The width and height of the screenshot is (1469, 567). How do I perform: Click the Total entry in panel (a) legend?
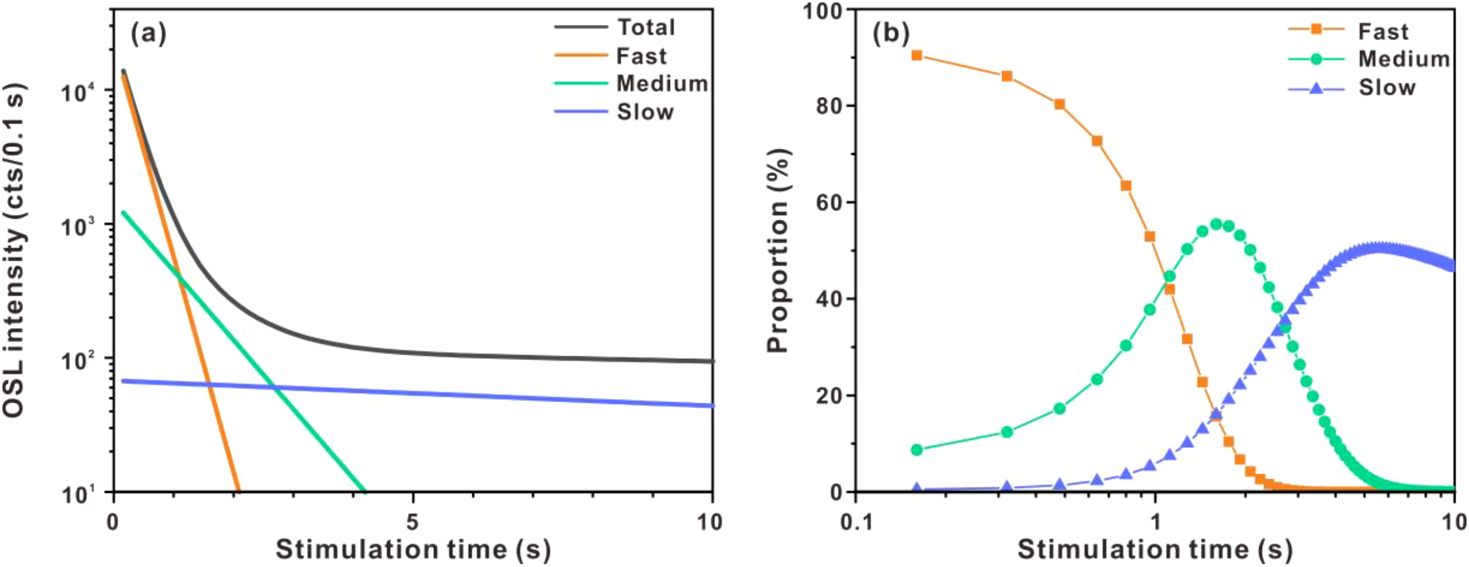646,27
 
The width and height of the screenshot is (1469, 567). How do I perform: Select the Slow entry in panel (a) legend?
645,112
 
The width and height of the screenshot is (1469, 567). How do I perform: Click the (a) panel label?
148,33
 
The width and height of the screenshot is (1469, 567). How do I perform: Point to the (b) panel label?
890,33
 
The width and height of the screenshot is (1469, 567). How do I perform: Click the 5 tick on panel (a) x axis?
412,523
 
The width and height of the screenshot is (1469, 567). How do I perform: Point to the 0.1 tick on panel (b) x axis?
856,523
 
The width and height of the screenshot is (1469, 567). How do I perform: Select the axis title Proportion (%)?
778,250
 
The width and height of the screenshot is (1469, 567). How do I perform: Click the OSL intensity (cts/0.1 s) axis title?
14,250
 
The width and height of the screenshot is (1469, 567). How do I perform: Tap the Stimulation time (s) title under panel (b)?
1154,549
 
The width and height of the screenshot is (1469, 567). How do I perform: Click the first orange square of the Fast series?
917,56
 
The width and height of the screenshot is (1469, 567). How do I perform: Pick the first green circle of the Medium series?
917,450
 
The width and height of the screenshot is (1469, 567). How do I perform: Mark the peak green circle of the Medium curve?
1216,224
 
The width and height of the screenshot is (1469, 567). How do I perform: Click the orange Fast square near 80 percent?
1060,104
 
